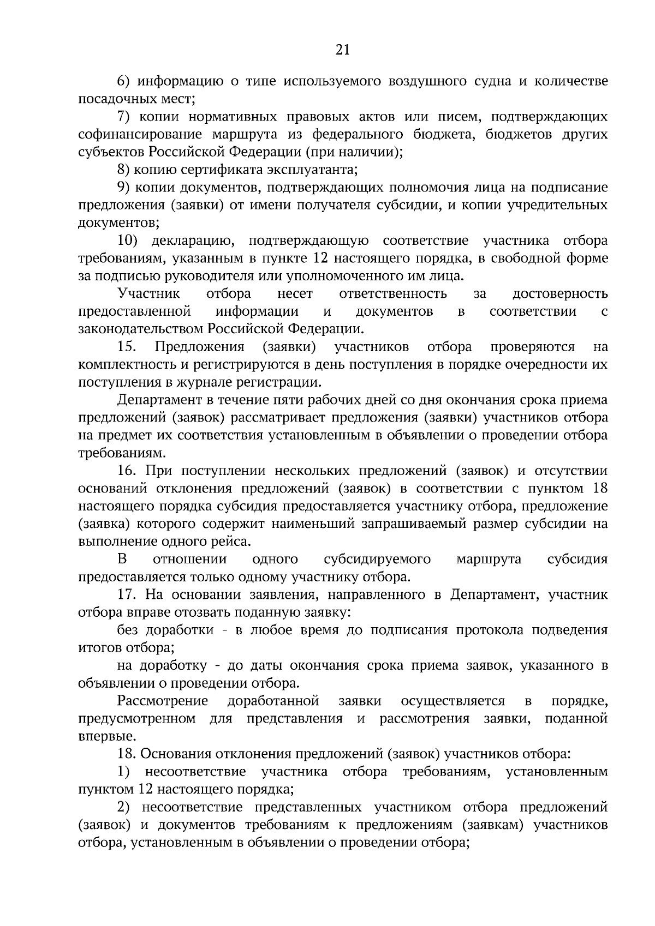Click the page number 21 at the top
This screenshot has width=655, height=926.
[342, 50]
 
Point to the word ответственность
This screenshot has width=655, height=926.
[393, 294]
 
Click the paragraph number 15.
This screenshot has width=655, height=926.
[126, 347]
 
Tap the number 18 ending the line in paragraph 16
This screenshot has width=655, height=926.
[599, 488]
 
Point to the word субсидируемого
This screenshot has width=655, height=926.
[377, 559]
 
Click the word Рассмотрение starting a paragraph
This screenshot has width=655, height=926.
[163, 701]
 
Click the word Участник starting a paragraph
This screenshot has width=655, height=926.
[148, 294]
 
